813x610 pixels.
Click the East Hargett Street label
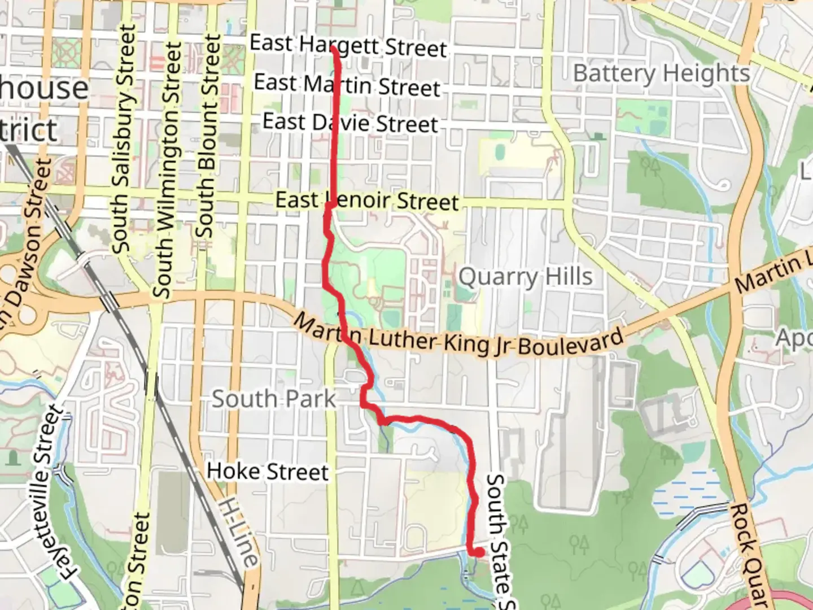point(348,45)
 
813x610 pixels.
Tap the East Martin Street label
point(347,85)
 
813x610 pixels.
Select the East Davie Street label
point(350,123)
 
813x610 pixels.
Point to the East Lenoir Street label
point(367,201)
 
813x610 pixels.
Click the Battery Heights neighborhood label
point(661,73)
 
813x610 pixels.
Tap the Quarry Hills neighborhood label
point(526,277)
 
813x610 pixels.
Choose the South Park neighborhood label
point(274,399)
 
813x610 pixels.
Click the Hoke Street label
point(268,471)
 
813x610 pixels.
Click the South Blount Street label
point(208,136)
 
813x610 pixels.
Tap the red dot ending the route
point(479,552)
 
